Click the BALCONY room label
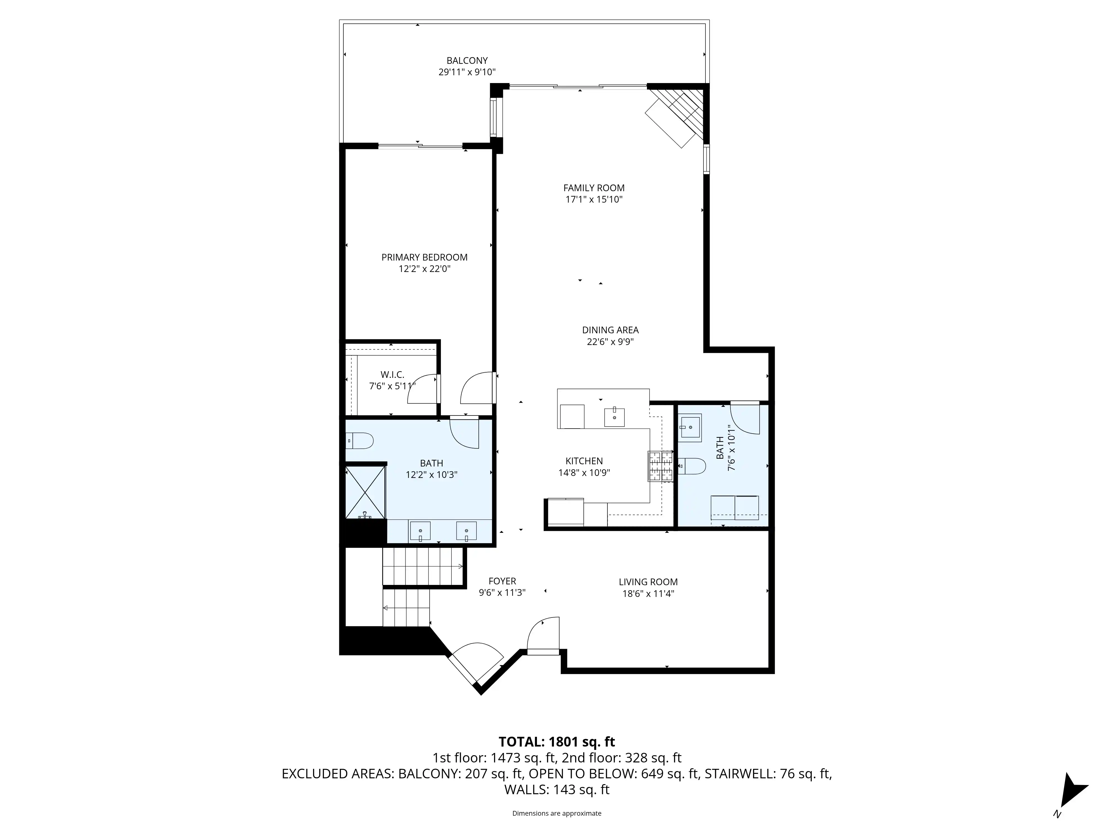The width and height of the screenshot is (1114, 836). tap(467, 60)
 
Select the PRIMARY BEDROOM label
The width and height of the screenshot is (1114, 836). tap(424, 257)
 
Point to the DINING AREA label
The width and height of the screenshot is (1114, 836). tap(610, 330)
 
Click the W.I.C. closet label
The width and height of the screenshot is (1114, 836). tap(392, 375)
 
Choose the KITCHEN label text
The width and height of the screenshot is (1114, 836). tap(584, 461)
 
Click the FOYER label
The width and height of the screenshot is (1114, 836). tap(502, 581)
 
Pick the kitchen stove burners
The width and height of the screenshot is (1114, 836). tap(660, 466)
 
